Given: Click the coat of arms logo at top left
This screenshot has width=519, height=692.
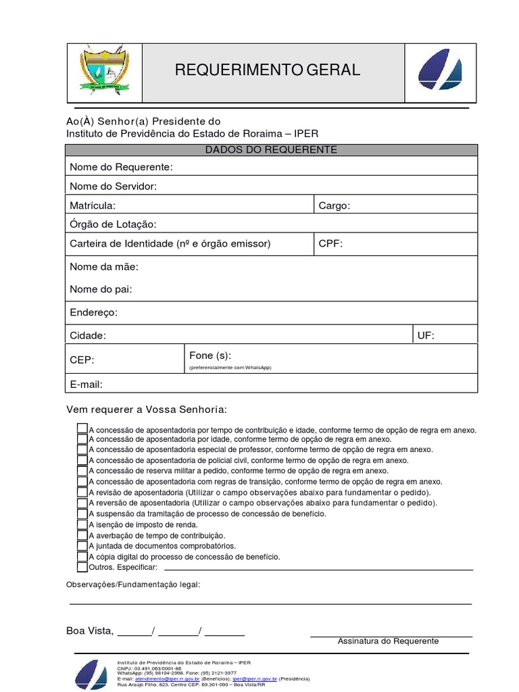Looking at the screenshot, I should click(104, 70).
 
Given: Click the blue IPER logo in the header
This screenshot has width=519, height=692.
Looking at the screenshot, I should click(440, 70).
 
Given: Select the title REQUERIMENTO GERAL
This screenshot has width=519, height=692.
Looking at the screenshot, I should click(268, 70).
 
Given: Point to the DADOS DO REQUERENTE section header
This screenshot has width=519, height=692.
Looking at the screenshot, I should click(272, 150).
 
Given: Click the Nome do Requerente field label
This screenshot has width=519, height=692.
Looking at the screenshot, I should click(121, 167).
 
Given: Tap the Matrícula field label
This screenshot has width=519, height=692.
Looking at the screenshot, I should click(93, 205).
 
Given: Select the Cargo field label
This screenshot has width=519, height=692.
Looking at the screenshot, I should click(334, 205).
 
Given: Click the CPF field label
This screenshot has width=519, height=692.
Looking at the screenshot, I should click(330, 243).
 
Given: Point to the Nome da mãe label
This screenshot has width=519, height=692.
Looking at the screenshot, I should click(103, 267).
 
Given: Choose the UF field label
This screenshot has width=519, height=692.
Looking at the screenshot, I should click(426, 335).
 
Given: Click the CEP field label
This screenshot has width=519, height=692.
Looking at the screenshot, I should click(82, 360).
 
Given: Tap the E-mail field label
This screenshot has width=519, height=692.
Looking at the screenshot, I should click(86, 385).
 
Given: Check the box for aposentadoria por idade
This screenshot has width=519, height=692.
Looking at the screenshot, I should click(82, 439).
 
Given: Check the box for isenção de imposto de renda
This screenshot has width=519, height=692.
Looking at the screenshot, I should click(82, 524).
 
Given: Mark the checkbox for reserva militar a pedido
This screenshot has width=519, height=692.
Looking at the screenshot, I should click(82, 471).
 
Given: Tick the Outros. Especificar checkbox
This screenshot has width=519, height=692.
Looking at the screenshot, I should click(82, 567).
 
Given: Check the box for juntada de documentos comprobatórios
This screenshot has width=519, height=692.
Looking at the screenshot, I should click(82, 546).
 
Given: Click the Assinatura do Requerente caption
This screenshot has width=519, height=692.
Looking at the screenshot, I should click(388, 641).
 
